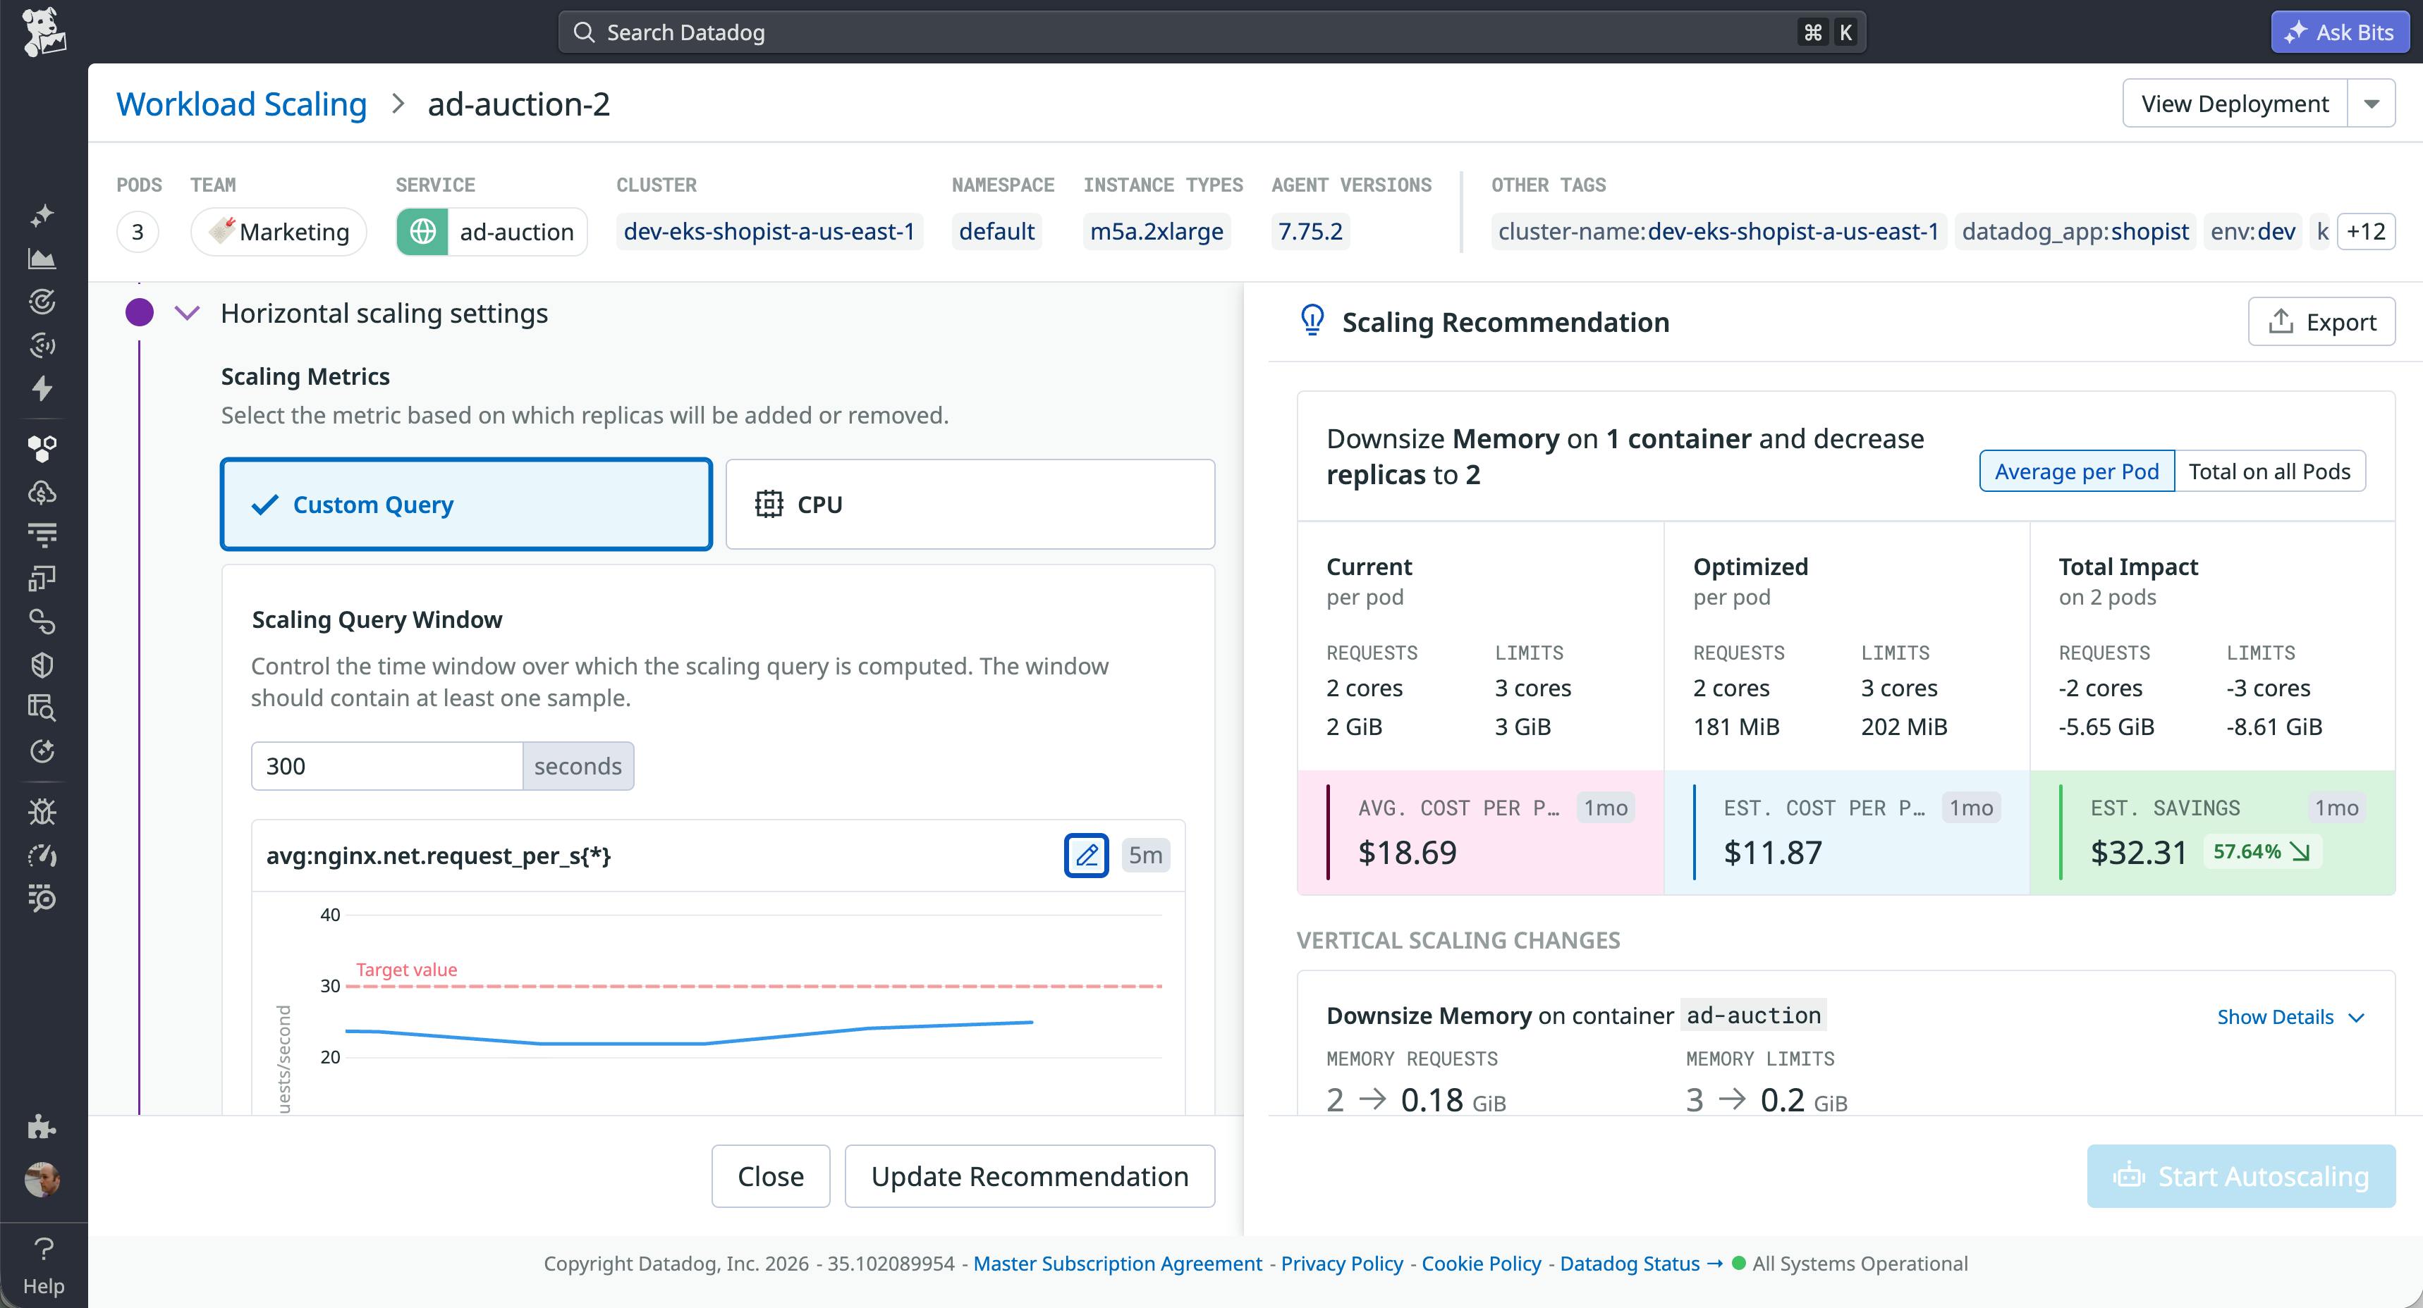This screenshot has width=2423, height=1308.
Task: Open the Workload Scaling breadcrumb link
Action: click(240, 104)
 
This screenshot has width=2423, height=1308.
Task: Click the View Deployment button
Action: click(2234, 104)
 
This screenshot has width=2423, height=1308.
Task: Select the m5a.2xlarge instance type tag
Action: click(1156, 231)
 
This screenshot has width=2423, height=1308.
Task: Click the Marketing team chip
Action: click(279, 231)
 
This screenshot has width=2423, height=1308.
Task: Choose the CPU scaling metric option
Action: click(970, 504)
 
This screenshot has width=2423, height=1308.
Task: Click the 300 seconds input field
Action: click(386, 765)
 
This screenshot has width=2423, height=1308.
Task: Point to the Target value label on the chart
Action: click(406, 970)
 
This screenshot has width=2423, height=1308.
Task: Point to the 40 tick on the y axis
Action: click(330, 915)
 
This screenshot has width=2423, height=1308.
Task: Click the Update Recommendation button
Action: click(1029, 1176)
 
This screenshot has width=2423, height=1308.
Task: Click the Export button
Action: click(2321, 321)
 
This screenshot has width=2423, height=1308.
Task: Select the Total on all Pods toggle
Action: click(2269, 471)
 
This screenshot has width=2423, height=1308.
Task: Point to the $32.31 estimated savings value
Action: click(2138, 852)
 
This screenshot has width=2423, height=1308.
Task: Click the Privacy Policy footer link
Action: click(1341, 1263)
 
